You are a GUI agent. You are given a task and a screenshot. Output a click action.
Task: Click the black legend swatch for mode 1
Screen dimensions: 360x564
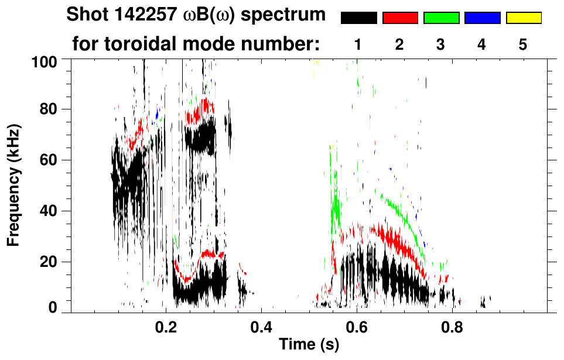(x=359, y=18)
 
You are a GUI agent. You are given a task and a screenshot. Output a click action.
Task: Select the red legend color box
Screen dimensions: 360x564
(x=400, y=18)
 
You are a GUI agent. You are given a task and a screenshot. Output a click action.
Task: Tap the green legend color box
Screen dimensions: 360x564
(x=441, y=18)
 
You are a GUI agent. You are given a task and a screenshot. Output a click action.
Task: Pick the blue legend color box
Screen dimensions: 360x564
(x=482, y=18)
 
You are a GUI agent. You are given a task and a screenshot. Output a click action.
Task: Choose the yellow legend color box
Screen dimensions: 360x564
(x=524, y=18)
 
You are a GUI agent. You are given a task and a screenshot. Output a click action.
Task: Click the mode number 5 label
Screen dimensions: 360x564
(x=523, y=44)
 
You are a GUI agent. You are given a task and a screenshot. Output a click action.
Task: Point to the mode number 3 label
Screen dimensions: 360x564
(x=441, y=44)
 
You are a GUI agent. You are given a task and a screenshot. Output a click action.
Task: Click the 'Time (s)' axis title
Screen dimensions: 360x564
(x=309, y=345)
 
